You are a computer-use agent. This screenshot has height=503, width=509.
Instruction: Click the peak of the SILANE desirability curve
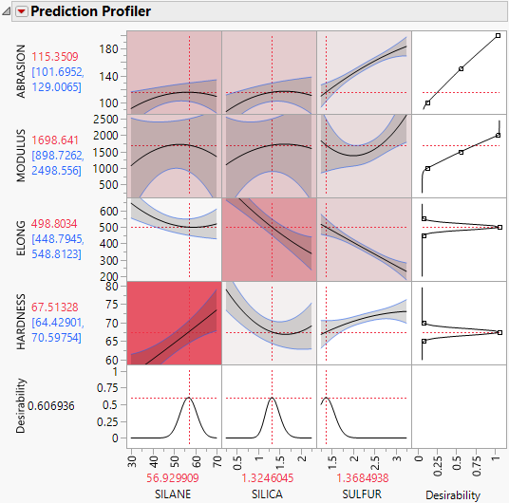click(189, 398)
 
